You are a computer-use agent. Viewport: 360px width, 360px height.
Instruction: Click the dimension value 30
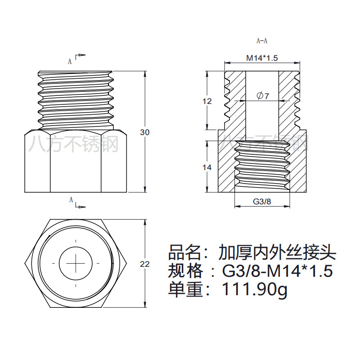(144, 132)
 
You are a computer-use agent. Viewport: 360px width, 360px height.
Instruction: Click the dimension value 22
(144, 265)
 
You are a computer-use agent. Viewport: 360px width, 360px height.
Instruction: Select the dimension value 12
(207, 101)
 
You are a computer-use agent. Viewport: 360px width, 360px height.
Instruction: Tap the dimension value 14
(207, 167)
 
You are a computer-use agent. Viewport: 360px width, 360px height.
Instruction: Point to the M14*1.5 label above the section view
(262, 58)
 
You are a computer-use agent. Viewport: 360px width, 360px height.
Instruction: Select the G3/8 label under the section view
(262, 202)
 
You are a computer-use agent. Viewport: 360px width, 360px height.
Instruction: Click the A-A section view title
(262, 41)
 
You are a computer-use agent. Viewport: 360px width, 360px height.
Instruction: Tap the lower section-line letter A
(71, 200)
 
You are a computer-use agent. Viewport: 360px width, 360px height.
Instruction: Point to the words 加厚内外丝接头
(277, 252)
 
